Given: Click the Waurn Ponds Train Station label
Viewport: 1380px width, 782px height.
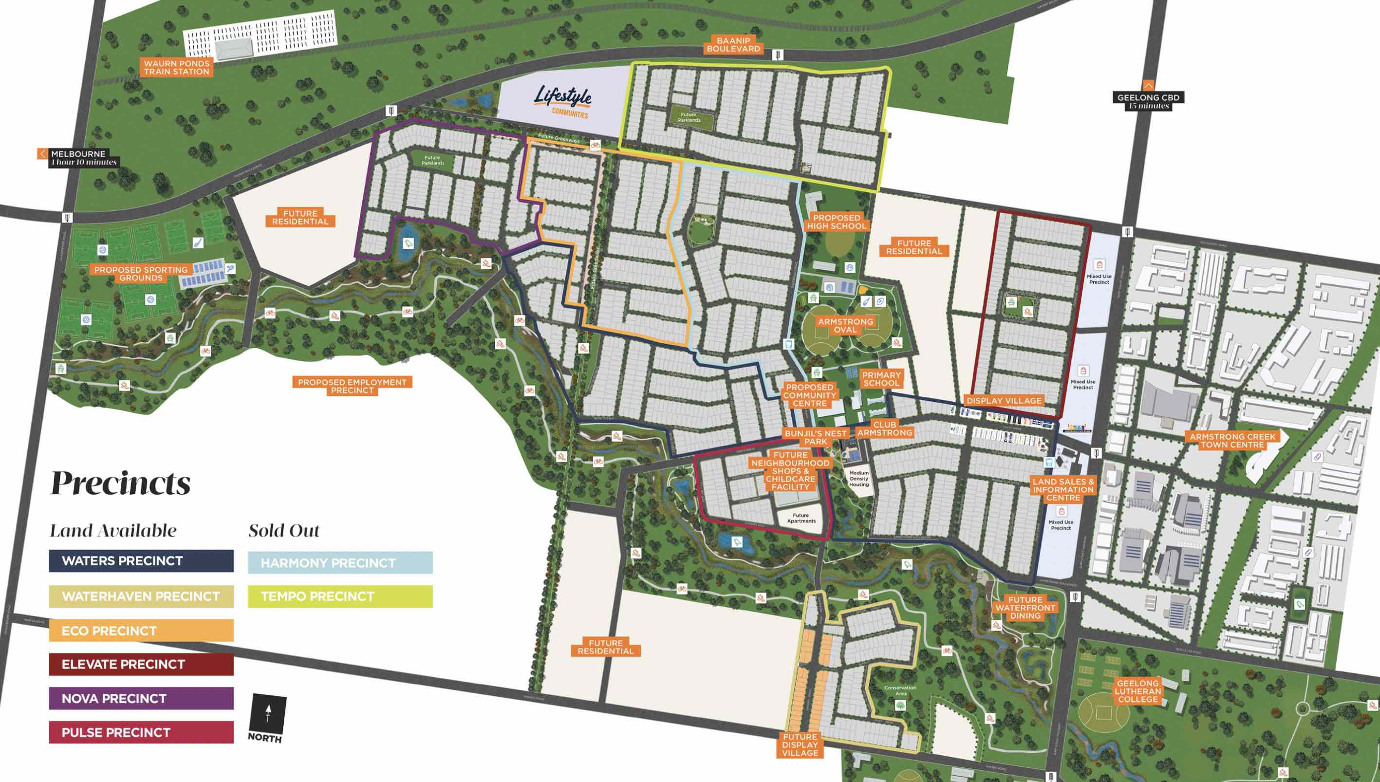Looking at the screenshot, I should (x=176, y=67).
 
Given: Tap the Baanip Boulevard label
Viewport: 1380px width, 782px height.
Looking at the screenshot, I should (x=733, y=45).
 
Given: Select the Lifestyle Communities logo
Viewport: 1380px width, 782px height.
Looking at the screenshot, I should (x=563, y=101).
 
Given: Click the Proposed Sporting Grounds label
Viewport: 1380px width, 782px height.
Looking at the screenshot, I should (x=141, y=273).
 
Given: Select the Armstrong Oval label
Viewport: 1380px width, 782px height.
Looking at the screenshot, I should (x=845, y=325).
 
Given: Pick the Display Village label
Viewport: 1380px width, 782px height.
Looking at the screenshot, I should (x=1004, y=401).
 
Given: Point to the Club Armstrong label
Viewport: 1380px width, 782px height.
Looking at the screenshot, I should (x=884, y=428).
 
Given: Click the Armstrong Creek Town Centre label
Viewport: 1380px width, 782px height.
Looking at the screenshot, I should (x=1232, y=440).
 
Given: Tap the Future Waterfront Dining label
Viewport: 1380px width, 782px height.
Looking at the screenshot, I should (x=1025, y=608).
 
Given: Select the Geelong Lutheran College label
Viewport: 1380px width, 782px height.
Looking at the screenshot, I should (x=1138, y=691).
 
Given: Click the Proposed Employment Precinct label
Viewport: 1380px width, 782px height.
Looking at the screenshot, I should (x=352, y=386).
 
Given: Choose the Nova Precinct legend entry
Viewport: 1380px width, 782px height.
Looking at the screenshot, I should (x=141, y=698).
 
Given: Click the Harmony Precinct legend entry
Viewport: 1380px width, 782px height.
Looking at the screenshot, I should (x=340, y=563).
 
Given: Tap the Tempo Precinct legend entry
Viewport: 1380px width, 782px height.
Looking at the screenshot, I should (x=340, y=596).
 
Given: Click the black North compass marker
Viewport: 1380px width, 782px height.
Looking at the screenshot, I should (x=267, y=717).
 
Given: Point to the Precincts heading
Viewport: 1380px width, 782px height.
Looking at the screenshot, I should (x=120, y=483).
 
